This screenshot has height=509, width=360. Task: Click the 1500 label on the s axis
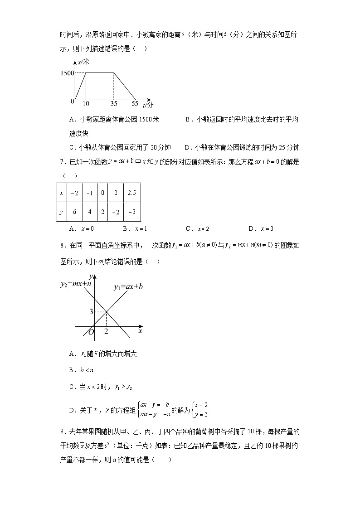pyautogui.click(x=66, y=73)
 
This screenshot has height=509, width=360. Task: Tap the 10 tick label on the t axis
pyautogui.click(x=86, y=104)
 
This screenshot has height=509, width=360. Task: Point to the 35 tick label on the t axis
pyautogui.click(x=114, y=104)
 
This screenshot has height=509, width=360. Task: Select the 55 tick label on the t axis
pyautogui.click(x=135, y=104)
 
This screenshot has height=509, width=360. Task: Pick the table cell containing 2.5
pyautogui.click(x=131, y=193)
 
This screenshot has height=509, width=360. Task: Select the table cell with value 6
pyautogui.click(x=75, y=212)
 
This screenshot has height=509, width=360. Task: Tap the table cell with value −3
pyautogui.click(x=131, y=212)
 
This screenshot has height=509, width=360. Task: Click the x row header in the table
pyautogui.click(x=61, y=193)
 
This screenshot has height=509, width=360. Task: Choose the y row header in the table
pyautogui.click(x=61, y=212)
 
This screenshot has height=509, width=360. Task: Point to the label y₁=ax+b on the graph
pyautogui.click(x=128, y=287)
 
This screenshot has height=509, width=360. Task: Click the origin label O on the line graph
pyautogui.click(x=91, y=333)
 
